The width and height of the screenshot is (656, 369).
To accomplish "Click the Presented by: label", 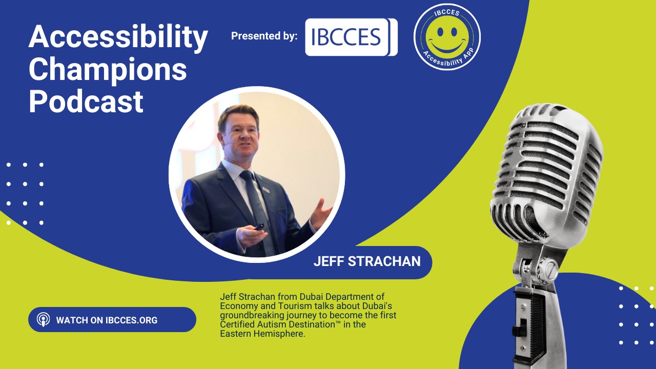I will (x=264, y=36).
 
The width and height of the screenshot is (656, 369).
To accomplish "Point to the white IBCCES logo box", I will (x=351, y=37).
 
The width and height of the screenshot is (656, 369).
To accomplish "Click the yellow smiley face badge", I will (x=447, y=36).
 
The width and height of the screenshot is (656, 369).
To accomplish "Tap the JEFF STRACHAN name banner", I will (x=366, y=261).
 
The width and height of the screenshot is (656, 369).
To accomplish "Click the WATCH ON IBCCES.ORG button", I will (x=112, y=320).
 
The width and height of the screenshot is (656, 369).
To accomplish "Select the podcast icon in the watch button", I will (x=44, y=320).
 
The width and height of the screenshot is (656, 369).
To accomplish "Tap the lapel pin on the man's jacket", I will (x=266, y=190).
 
